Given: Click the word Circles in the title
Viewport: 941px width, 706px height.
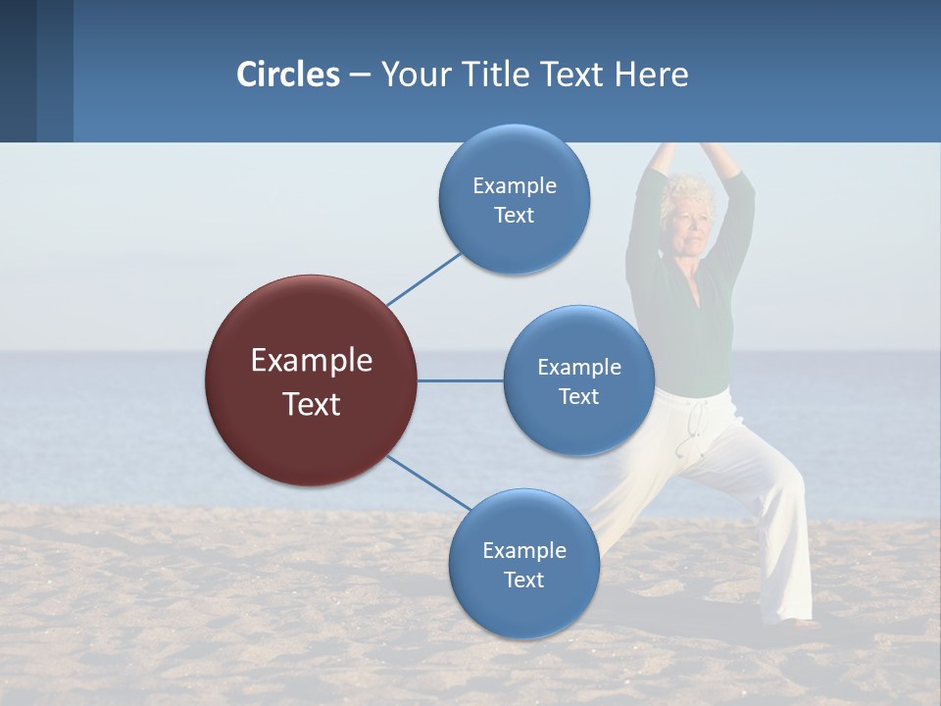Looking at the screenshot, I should (x=287, y=75).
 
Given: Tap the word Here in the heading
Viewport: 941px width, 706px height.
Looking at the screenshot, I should (x=651, y=75).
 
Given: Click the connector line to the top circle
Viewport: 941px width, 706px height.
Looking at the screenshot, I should (x=423, y=279).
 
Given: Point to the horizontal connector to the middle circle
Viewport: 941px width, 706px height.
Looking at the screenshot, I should (x=460, y=380).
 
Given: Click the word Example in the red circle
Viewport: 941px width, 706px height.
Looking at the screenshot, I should (x=311, y=361).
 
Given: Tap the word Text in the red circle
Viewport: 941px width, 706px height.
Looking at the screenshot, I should (x=311, y=404).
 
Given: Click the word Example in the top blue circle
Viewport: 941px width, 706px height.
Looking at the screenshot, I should (x=514, y=186).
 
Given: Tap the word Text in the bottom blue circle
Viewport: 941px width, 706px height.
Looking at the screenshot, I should (x=523, y=580).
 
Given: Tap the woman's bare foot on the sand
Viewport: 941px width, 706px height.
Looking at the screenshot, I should (x=804, y=622).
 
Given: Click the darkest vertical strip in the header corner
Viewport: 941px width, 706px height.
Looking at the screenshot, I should (x=18, y=71).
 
